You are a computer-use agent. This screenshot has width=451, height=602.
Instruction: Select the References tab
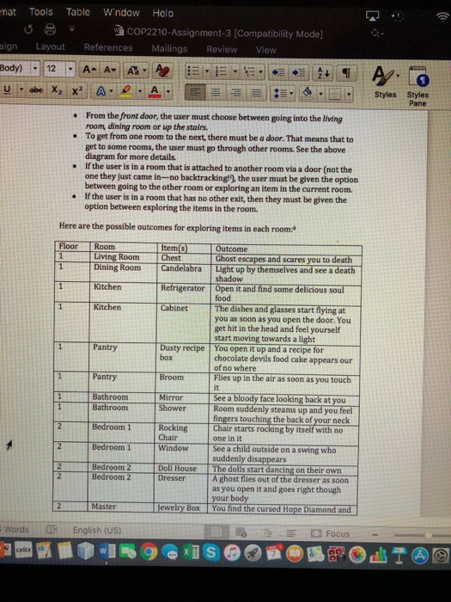[x=108, y=49]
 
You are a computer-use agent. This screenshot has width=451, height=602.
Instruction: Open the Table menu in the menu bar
[x=78, y=13]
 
